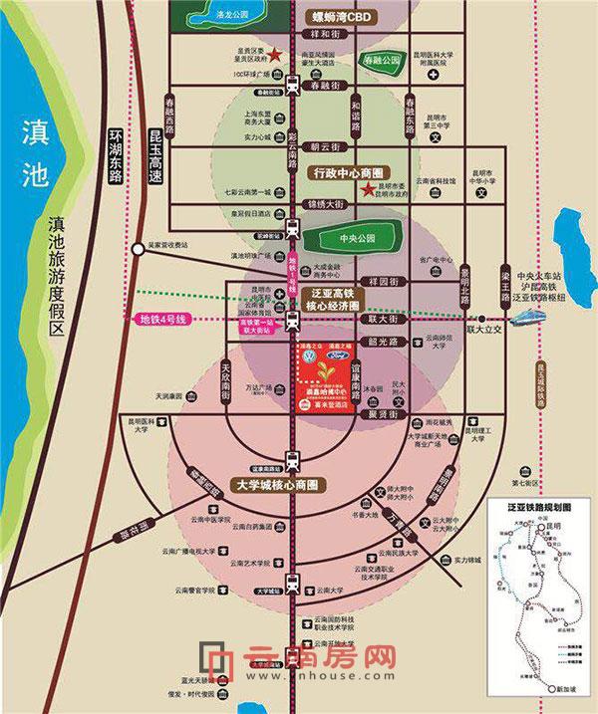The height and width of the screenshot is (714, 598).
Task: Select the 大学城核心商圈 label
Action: pyautogui.click(x=279, y=484)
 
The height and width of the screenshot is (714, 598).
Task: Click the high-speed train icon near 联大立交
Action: pyautogui.click(x=531, y=318)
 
